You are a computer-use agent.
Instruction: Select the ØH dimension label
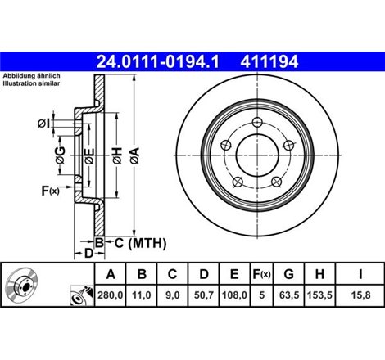(118, 155)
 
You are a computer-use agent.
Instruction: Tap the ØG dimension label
(60, 155)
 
